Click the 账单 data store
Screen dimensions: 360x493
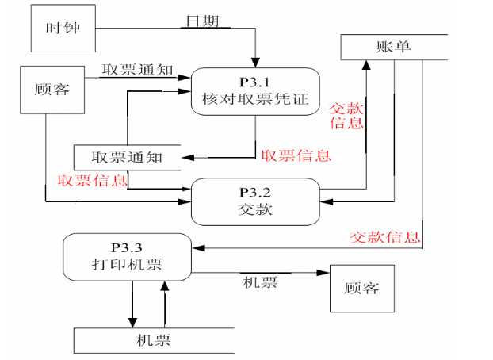(x=394, y=48)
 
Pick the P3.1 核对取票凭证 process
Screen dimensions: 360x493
(x=256, y=92)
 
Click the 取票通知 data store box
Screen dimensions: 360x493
(x=127, y=157)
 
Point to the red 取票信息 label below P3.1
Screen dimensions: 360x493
(x=296, y=155)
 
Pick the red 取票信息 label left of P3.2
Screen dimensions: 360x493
(x=92, y=181)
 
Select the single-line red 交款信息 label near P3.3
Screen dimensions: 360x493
(x=384, y=237)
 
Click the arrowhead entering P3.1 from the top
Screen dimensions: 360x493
(x=256, y=62)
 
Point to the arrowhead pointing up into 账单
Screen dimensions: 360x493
(x=366, y=63)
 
